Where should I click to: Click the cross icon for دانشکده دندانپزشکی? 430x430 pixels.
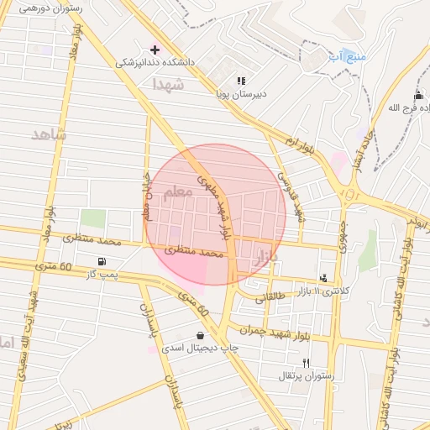pos(154,49)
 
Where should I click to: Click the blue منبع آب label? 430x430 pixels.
pos(349,56)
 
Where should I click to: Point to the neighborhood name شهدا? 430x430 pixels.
pos(167,84)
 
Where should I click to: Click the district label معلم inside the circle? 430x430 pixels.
pos(177,194)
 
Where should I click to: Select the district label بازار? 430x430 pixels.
pos(263,261)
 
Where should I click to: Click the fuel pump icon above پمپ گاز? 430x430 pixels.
pos(102,261)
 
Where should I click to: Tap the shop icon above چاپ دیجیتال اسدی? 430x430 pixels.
pos(200,334)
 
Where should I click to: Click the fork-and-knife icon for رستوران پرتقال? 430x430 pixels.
pos(306,363)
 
